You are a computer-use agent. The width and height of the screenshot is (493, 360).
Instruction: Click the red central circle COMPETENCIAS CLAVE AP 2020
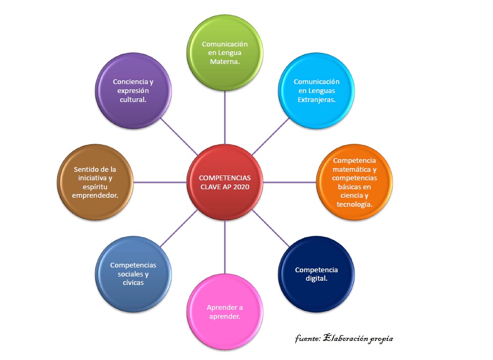pos(225,182)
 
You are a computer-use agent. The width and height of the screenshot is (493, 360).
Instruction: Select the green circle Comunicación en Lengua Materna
pos(225,53)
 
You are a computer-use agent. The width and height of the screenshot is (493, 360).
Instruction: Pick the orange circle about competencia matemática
pos(354,182)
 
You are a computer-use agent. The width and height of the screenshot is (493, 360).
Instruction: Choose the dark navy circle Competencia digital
pos(316,274)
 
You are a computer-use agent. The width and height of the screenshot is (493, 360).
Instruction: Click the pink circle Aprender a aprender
pos(225,312)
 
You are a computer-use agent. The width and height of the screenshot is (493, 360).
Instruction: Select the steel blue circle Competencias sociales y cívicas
pos(134,274)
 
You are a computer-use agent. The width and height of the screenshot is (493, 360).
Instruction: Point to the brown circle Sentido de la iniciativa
pos(95,182)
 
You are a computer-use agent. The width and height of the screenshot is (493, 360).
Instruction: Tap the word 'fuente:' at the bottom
pos(307,338)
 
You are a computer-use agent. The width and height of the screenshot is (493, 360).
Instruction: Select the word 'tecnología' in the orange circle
pos(353,205)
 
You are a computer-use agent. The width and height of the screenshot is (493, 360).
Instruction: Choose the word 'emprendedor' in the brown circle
pos(95,195)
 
